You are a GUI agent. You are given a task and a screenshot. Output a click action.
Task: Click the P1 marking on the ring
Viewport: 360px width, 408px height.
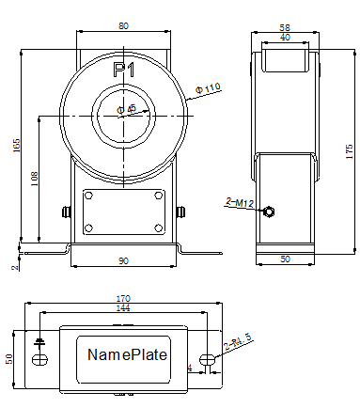[x=124, y=71]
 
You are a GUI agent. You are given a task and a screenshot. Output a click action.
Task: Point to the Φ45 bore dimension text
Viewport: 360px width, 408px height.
[x=127, y=109]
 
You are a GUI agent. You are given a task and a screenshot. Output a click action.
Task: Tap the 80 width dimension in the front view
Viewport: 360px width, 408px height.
[x=124, y=25]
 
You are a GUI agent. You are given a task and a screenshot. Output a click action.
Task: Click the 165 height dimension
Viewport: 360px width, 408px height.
[x=17, y=147]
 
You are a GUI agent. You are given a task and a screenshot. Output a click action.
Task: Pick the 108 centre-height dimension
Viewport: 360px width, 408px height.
[x=35, y=179]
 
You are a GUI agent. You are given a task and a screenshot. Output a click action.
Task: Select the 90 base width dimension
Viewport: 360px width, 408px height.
[x=124, y=259]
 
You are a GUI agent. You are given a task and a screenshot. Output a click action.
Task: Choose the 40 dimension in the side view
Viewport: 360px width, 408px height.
[x=286, y=38]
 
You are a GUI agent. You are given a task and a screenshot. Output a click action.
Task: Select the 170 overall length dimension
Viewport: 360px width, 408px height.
[x=124, y=299]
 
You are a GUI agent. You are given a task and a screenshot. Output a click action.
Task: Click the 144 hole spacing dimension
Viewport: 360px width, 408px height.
[x=124, y=307]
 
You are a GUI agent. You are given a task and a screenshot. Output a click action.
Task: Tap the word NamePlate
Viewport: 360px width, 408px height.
[x=126, y=355]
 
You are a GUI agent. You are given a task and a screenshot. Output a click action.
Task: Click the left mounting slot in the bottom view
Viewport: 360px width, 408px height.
[x=39, y=359]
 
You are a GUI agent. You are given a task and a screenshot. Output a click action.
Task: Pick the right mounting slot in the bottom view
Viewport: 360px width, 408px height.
[x=209, y=359]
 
